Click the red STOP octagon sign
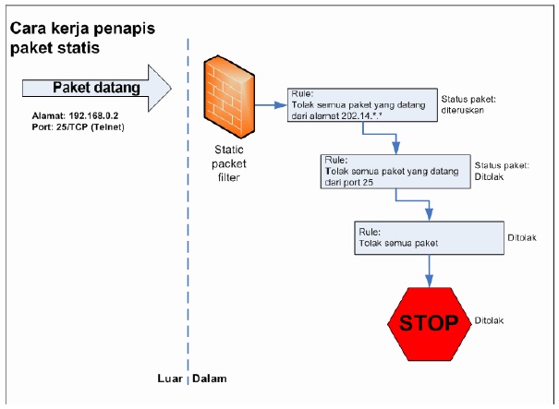[429, 322]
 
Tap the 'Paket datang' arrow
[97, 89]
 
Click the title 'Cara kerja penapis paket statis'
[78, 37]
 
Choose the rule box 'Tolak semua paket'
[426, 237]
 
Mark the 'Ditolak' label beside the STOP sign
[490, 321]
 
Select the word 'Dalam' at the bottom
[210, 379]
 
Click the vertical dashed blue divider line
[189, 231]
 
